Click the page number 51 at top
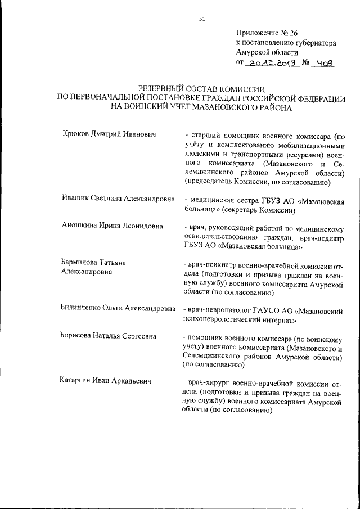202,19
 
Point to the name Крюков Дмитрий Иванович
108,134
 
